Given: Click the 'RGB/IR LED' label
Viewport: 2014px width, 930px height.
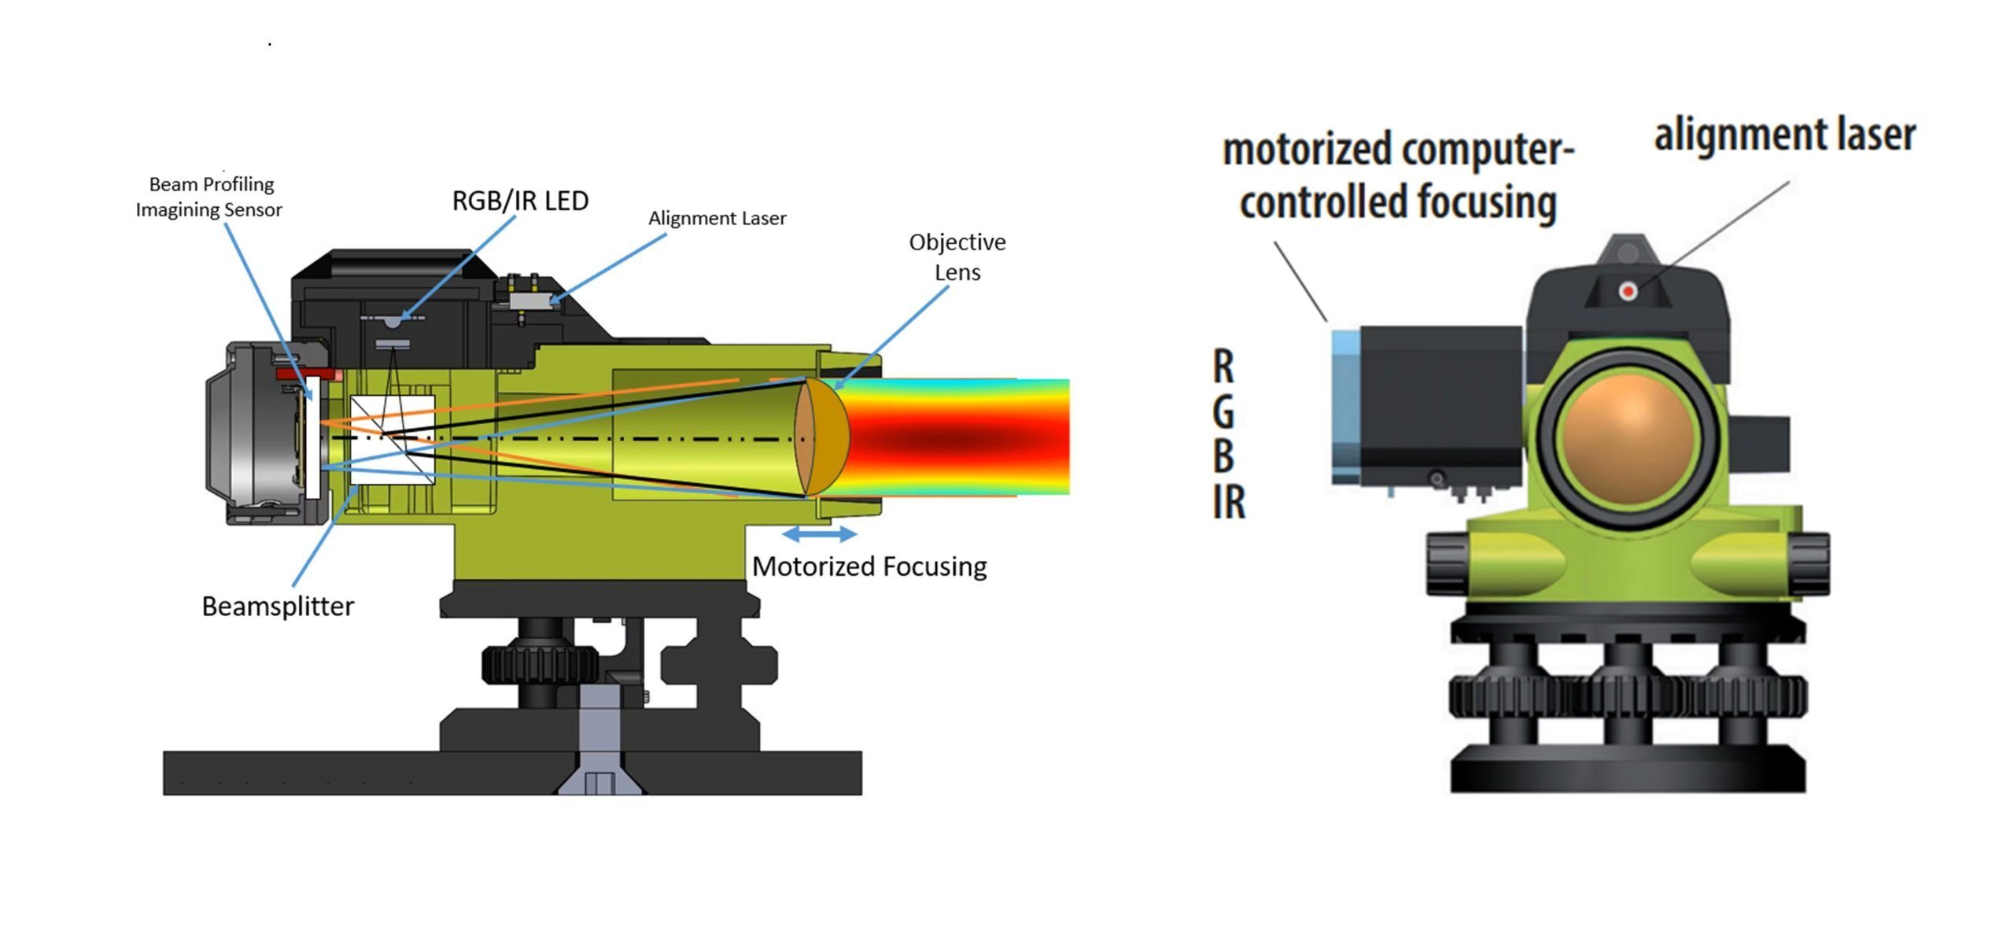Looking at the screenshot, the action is (x=520, y=201).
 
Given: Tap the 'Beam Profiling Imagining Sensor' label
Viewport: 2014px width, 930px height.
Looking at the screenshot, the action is (x=208, y=197).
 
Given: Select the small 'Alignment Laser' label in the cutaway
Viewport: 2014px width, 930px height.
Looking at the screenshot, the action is (x=717, y=218).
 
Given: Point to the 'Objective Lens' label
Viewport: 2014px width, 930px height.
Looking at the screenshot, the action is (x=957, y=256).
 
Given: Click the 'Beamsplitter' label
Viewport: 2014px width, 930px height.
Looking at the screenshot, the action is (x=278, y=606).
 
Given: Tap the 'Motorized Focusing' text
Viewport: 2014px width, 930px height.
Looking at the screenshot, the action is (x=869, y=566).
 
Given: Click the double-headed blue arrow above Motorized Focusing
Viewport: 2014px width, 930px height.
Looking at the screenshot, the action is (x=820, y=534).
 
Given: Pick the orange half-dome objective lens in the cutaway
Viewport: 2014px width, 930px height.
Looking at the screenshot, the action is (x=822, y=437).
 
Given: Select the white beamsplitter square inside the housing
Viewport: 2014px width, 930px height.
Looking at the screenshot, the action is (x=392, y=438).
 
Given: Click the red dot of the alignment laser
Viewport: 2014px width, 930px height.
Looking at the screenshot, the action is (x=1628, y=292).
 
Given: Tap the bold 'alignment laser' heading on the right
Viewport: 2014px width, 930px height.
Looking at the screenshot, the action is (x=1785, y=135).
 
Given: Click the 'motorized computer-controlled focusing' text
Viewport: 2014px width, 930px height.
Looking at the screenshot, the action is (x=1398, y=176).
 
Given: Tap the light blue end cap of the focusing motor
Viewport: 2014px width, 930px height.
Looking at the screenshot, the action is (x=1346, y=407).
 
